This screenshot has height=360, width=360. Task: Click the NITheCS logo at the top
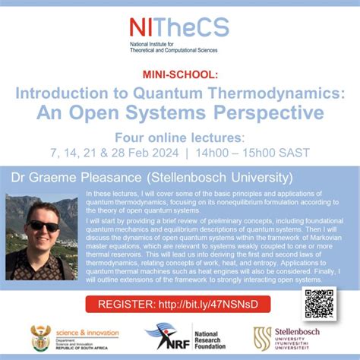(179, 27)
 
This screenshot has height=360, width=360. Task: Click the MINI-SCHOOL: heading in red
(179, 74)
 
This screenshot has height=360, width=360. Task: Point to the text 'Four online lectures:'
(179, 138)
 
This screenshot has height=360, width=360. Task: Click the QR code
(319, 303)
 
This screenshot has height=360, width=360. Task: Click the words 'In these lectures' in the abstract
(112, 195)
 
